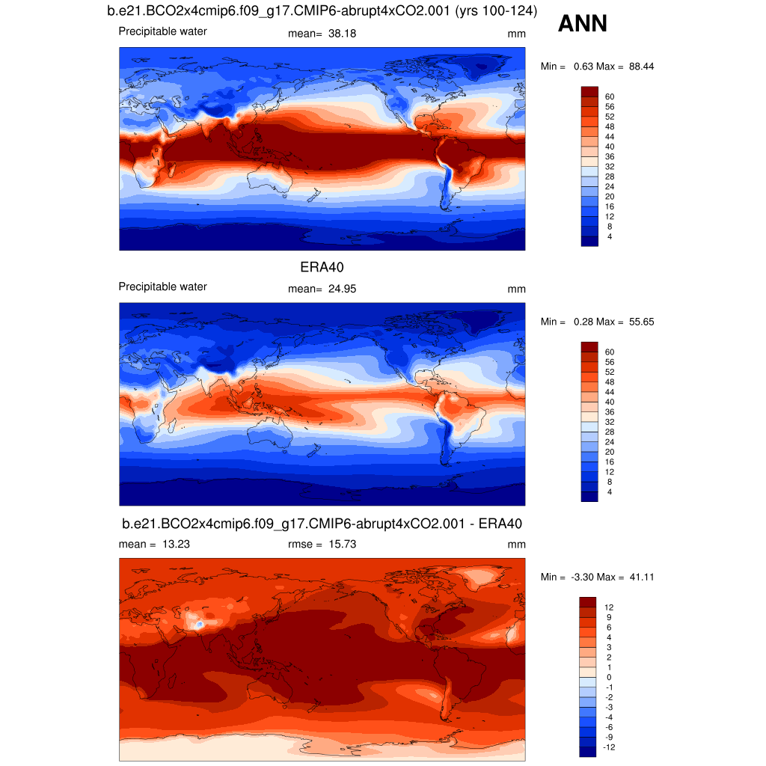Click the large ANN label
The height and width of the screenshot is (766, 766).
tap(583, 25)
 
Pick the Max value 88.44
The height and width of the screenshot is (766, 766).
tap(641, 67)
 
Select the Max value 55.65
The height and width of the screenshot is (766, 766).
tap(641, 322)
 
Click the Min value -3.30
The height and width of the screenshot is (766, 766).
tap(583, 577)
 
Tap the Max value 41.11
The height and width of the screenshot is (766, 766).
tap(641, 577)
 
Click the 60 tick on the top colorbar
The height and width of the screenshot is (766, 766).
tap(610, 96)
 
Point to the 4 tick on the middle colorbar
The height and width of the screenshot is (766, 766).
tap(610, 491)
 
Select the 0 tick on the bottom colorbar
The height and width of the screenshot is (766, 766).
tap(607, 677)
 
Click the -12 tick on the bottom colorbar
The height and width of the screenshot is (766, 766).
tap(609, 747)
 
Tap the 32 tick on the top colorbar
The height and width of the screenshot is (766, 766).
tap(610, 166)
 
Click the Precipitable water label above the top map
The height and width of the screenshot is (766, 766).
tap(162, 31)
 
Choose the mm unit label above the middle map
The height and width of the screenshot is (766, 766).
tap(516, 289)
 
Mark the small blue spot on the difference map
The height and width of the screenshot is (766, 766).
tap(199, 623)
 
